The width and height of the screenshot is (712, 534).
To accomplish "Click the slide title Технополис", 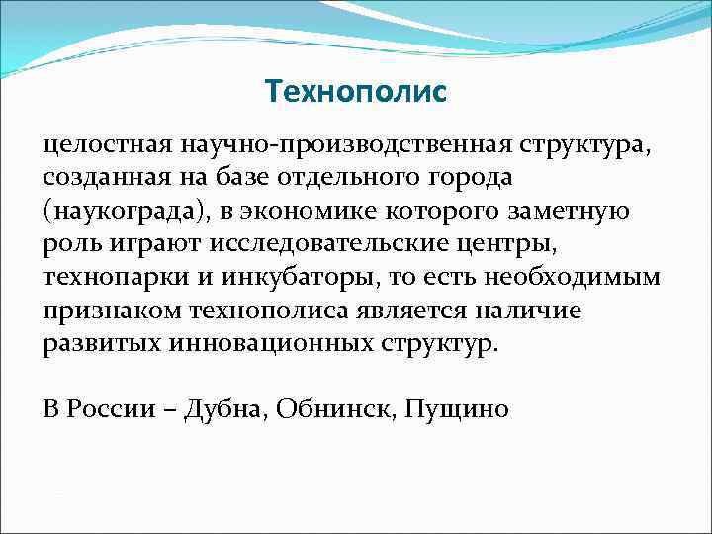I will (356, 92).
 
